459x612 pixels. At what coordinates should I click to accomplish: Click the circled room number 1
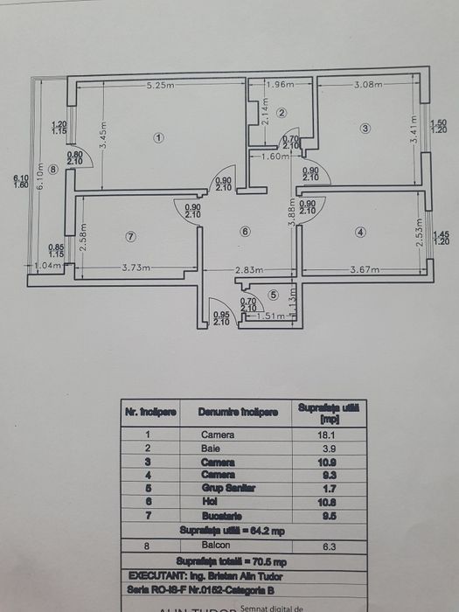coord(158,137)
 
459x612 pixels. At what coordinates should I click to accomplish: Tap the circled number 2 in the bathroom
coord(282,113)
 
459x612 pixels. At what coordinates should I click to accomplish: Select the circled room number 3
coord(365,129)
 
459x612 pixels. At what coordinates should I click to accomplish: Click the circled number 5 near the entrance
coord(274,296)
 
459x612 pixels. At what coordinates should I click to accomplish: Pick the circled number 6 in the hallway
coord(246,231)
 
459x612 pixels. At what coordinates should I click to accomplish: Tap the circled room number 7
coord(131,236)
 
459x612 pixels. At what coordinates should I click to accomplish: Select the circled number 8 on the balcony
coord(53,170)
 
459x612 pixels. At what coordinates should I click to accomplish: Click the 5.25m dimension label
coord(160,85)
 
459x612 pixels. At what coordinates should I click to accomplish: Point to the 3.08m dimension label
coord(369,85)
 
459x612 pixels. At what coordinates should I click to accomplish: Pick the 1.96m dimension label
coord(281,85)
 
